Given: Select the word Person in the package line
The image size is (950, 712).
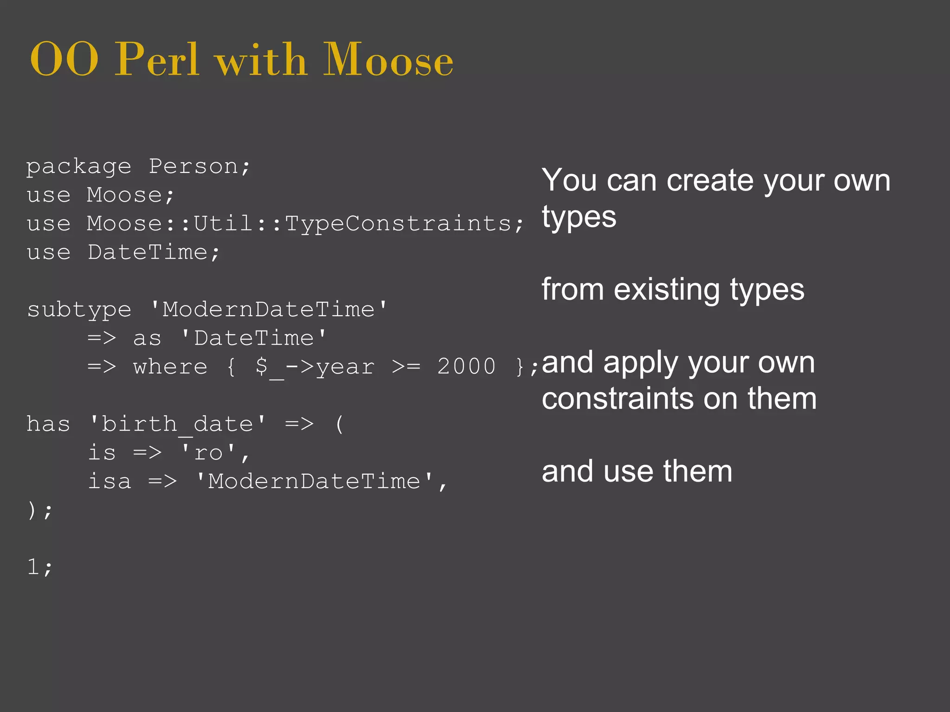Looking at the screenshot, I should point(193,166).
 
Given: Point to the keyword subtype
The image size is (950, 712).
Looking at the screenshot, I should point(79,310).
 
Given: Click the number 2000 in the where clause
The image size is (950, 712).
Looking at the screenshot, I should point(466,367).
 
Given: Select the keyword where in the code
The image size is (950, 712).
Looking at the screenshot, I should point(170,367).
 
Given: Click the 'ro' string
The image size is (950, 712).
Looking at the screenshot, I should point(208,453).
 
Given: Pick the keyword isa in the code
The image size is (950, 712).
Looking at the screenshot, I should point(109,481).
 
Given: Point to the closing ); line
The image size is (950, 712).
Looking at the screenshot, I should point(39,510).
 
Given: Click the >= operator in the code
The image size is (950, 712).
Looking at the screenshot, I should point(406,367).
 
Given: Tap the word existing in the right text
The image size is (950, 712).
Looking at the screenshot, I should point(667,290).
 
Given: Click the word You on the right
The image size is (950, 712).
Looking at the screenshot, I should point(569,180).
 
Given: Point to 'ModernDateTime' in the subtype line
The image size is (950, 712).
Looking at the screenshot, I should point(269,310).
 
